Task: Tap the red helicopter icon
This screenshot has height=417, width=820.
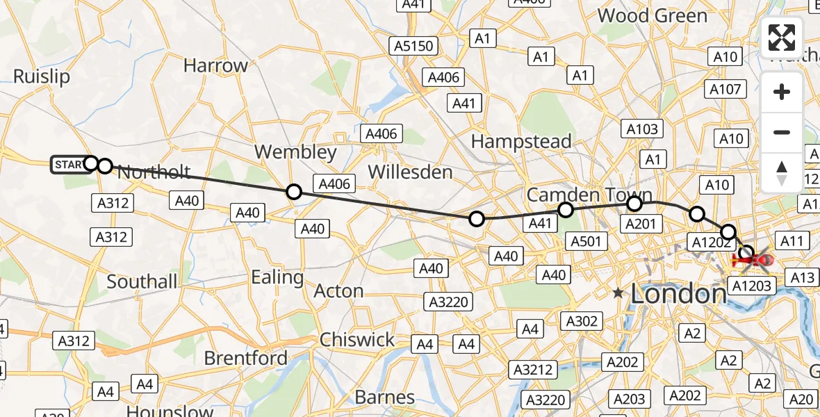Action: (753, 261)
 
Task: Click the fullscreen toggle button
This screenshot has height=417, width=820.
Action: (782, 38)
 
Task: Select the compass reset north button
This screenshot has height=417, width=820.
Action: (782, 172)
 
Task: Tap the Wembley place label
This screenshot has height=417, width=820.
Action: (295, 152)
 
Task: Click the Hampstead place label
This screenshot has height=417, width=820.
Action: (521, 141)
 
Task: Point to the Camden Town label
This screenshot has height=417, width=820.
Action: (589, 195)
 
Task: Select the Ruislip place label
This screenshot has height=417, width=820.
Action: (42, 76)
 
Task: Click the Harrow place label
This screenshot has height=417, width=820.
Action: (215, 66)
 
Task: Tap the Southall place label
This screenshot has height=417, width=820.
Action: (142, 281)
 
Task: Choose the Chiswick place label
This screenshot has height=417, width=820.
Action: (357, 340)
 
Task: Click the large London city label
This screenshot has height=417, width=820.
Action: (678, 295)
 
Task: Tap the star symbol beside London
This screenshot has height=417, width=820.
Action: (618, 294)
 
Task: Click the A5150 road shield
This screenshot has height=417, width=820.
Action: (413, 47)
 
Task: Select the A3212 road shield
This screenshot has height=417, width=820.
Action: (533, 370)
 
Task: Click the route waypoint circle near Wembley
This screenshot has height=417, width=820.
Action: (294, 192)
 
